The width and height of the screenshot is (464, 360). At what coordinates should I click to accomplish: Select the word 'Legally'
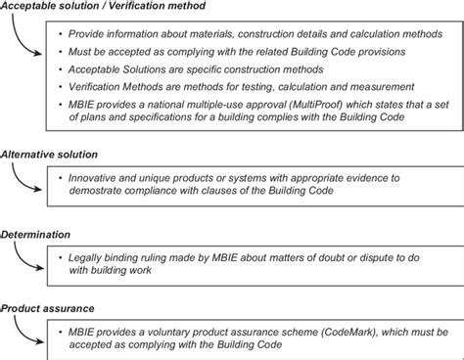(x=88, y=257)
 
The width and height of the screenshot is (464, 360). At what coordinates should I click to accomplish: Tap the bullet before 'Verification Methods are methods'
(x=61, y=86)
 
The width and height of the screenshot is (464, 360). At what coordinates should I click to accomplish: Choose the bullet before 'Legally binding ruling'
(x=61, y=257)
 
